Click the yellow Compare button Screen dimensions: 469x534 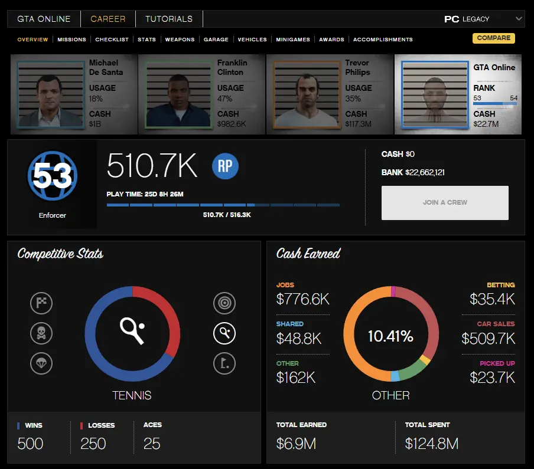click(x=493, y=38)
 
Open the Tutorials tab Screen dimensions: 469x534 click(x=169, y=19)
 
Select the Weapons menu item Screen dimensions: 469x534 click(x=180, y=40)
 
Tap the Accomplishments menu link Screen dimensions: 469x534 click(x=383, y=40)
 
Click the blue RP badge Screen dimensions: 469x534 click(x=225, y=167)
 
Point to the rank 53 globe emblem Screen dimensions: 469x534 click(x=53, y=175)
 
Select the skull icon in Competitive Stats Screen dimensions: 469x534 click(x=41, y=334)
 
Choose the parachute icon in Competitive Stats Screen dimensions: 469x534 click(x=41, y=363)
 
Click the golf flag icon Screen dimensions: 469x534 click(x=224, y=363)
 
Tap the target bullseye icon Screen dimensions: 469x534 click(x=224, y=304)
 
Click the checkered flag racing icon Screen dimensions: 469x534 click(x=41, y=304)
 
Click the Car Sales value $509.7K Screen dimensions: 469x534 click(x=488, y=339)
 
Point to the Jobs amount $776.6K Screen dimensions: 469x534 click(x=302, y=299)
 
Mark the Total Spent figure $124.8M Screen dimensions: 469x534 click(x=431, y=444)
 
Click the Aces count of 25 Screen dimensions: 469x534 click(x=152, y=444)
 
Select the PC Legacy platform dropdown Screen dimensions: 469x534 click(x=483, y=19)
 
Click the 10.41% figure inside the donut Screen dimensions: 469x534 click(x=390, y=337)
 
